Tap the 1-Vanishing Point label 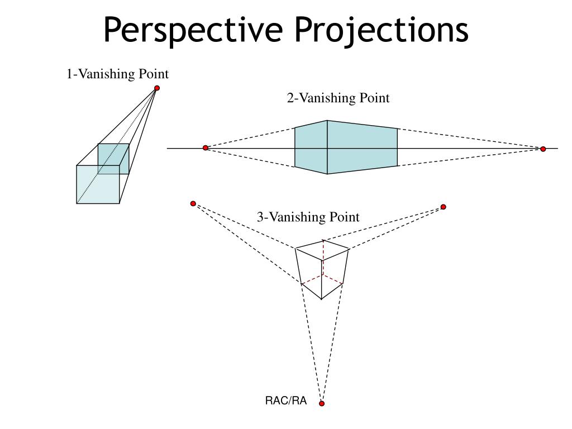point(118,74)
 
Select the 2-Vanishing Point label point(338,98)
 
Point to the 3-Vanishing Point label point(308,217)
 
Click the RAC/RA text point(286,401)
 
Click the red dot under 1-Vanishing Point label point(157,88)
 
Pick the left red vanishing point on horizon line point(206,147)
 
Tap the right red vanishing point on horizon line point(543,149)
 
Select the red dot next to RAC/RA point(322,403)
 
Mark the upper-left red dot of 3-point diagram point(193,203)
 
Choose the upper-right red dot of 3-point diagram point(444,207)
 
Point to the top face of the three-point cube point(323,248)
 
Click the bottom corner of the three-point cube point(322,299)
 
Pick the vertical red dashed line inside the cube point(323,260)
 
